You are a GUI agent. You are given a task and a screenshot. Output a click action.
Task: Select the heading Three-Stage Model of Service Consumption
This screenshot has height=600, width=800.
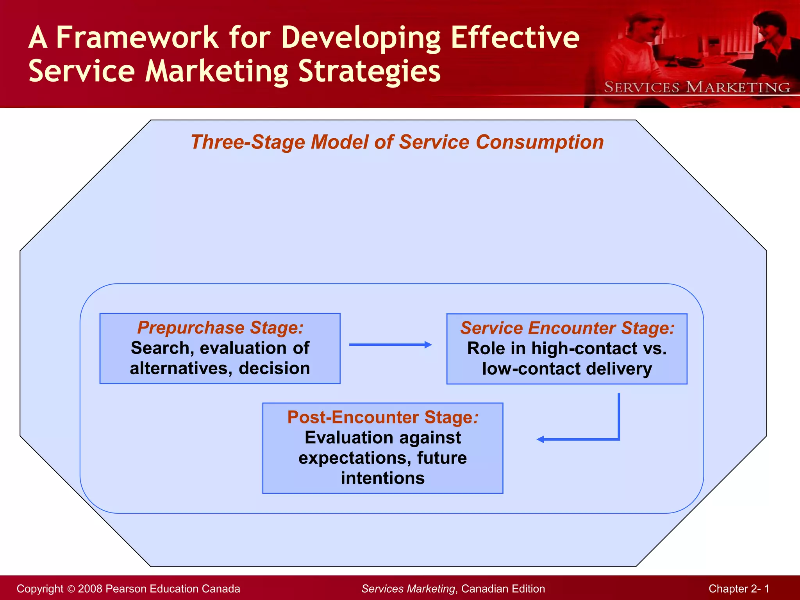[x=397, y=142]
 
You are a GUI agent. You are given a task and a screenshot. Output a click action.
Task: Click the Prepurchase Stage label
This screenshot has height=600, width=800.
[x=220, y=327]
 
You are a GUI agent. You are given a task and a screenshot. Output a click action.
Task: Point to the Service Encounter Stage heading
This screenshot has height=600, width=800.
[x=567, y=328]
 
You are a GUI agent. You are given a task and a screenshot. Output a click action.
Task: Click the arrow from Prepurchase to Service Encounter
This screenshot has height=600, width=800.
[x=390, y=345]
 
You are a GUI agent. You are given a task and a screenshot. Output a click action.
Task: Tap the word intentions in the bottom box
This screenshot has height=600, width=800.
[x=382, y=478]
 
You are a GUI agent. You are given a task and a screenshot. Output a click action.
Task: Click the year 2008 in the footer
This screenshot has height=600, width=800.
[x=90, y=589]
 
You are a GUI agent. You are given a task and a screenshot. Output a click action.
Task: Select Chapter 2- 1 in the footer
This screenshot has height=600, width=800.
[x=739, y=589]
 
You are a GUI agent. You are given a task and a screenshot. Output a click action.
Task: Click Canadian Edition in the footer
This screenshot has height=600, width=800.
[x=503, y=589]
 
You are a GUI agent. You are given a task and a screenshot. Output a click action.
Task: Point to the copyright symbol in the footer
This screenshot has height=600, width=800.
[x=71, y=589]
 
